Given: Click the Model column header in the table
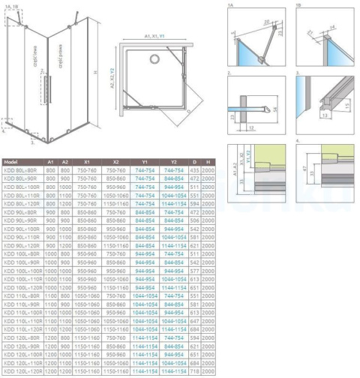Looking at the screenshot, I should coord(11,161).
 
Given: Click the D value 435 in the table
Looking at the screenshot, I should coord(193,171).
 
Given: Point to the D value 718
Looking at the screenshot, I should coord(193,372).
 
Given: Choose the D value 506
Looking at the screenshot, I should coord(193,221).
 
